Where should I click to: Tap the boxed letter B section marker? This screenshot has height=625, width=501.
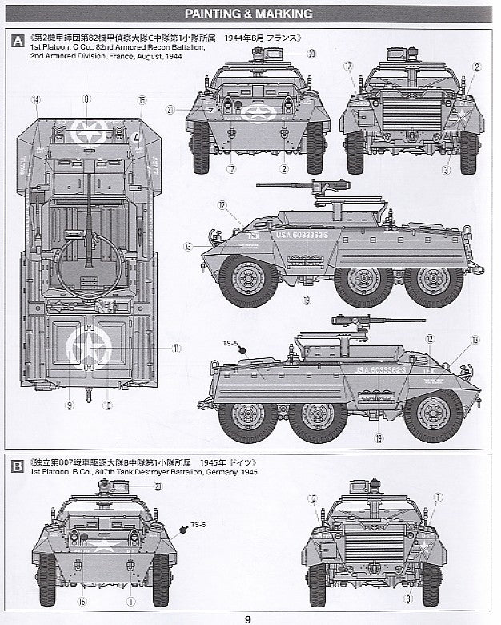coord(17,466)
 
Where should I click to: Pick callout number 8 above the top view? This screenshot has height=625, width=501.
coord(86,99)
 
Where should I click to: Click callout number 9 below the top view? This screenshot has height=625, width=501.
coord(70,405)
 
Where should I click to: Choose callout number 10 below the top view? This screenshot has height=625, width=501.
coord(106,405)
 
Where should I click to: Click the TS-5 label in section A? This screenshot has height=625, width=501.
coord(234,343)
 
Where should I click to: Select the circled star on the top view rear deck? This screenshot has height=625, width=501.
coord(89,345)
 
